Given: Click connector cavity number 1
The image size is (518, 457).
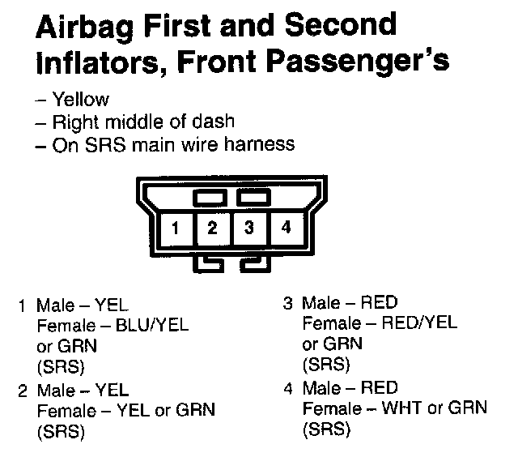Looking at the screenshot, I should coord(175,228).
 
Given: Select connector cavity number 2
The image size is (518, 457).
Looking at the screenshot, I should coord(212,228).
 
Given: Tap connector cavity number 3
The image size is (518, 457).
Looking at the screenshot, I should coord(249,228).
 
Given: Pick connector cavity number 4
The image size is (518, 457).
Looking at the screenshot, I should coord(285,228).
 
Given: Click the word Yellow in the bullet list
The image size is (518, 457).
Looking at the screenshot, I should coord(80,100).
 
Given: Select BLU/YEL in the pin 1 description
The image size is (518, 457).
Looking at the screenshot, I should coord(152,326).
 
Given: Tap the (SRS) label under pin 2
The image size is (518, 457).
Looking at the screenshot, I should coord(61,431).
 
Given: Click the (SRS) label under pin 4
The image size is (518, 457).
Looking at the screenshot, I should coord(326,429).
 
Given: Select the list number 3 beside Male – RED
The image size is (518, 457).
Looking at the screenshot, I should coord(288,305).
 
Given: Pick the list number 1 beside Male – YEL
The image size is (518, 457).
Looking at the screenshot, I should coord(23,307).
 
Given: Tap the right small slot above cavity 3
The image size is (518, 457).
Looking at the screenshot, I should coord(253,197).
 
